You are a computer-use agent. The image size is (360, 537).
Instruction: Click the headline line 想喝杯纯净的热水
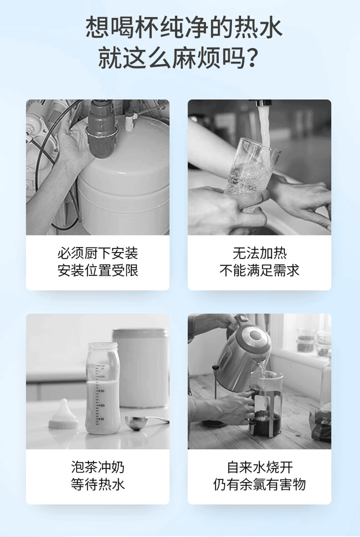tap(184, 28)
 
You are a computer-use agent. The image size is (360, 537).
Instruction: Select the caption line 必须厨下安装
tap(98, 253)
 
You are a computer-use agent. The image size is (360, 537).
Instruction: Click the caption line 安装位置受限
tap(98, 271)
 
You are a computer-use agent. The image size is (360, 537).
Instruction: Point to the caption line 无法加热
tap(260, 253)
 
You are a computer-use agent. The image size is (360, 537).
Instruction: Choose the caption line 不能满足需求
tap(260, 271)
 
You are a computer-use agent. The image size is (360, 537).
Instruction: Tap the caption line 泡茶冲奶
tap(98, 467)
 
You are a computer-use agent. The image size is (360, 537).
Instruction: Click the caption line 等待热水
tap(98, 484)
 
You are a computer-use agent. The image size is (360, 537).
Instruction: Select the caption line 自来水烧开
tap(260, 467)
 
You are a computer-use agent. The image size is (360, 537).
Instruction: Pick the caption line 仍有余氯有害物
tap(260, 484)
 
